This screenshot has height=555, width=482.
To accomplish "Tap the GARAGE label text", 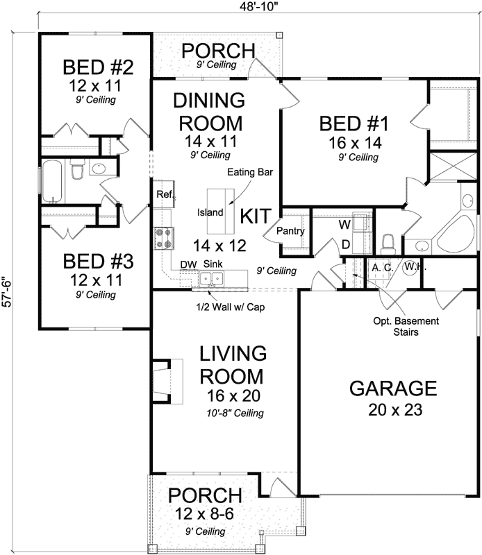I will (x=392, y=388).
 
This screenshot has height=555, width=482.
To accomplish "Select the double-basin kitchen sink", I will (x=210, y=279).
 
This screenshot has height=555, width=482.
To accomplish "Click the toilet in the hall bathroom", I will (x=78, y=169).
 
